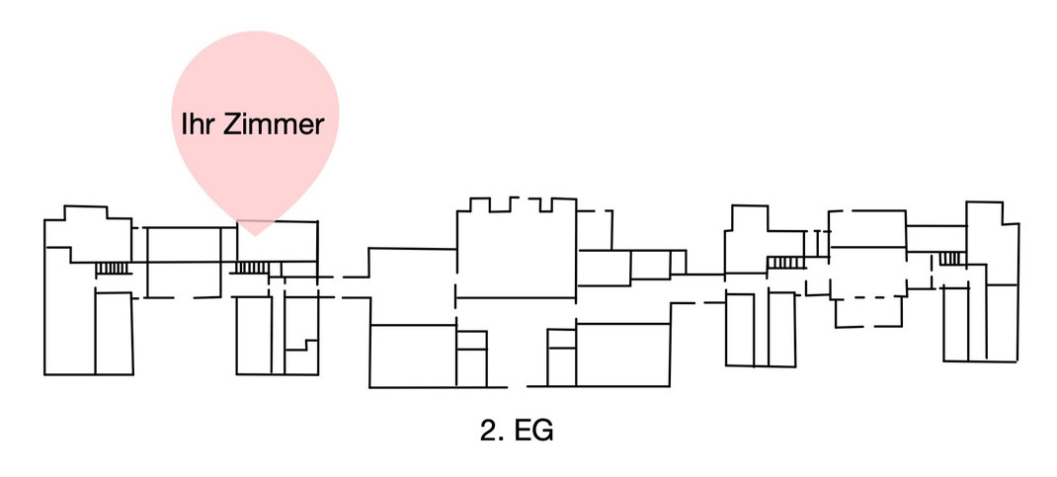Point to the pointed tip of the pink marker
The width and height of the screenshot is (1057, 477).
pos(255,235)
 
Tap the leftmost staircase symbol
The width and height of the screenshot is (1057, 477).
pos(112,268)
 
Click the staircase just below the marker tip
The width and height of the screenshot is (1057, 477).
pos(251,268)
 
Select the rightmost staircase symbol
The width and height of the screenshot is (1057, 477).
pos(951,259)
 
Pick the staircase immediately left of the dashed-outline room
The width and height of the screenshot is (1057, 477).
pos(786,262)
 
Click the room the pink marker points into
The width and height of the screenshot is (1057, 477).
pos(277,241)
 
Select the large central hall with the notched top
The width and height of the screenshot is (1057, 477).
pos(516,252)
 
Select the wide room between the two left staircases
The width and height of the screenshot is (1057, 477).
pos(183,262)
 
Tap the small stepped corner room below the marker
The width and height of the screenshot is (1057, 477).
pos(300,358)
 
